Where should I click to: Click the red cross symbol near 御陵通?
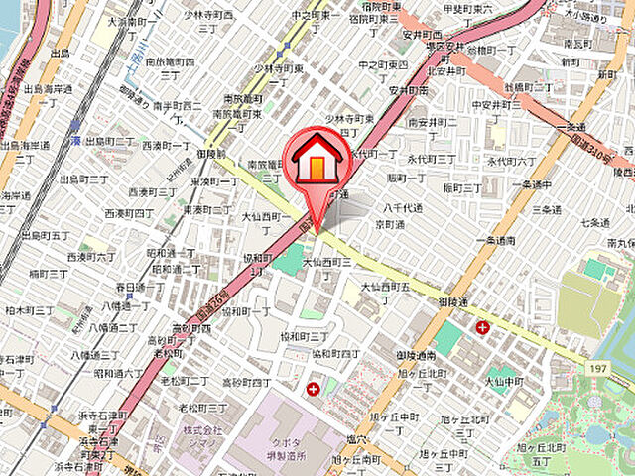pos(482,326)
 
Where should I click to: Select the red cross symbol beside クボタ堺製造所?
pos(314,388)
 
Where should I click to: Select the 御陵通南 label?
pos(416,355)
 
